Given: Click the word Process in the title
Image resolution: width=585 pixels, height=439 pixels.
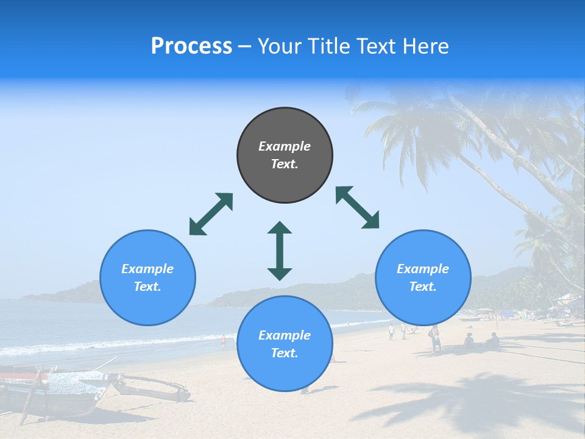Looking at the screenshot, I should point(191,46).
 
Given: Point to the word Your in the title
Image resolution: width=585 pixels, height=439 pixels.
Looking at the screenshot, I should point(281,46).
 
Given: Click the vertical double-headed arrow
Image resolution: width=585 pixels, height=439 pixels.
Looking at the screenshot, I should point(280,251).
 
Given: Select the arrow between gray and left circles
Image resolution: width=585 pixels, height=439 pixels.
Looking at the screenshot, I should point(211,214).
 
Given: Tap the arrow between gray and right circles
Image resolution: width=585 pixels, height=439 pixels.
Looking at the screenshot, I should point(357,207).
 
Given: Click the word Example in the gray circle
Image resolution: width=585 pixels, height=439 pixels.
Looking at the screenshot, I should point(285,146).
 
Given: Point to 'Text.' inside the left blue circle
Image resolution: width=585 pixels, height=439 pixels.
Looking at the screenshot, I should point(147,287).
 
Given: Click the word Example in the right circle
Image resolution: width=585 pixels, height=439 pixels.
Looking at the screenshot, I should point(423,269).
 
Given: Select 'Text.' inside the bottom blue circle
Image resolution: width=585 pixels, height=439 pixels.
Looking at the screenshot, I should point(285,353).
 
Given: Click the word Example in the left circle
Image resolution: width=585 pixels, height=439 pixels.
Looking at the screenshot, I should point(147,269).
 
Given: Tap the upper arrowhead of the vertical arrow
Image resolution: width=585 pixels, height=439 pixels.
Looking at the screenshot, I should point(280,228).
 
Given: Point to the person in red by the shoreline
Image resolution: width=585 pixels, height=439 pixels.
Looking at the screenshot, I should point(223,342).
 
